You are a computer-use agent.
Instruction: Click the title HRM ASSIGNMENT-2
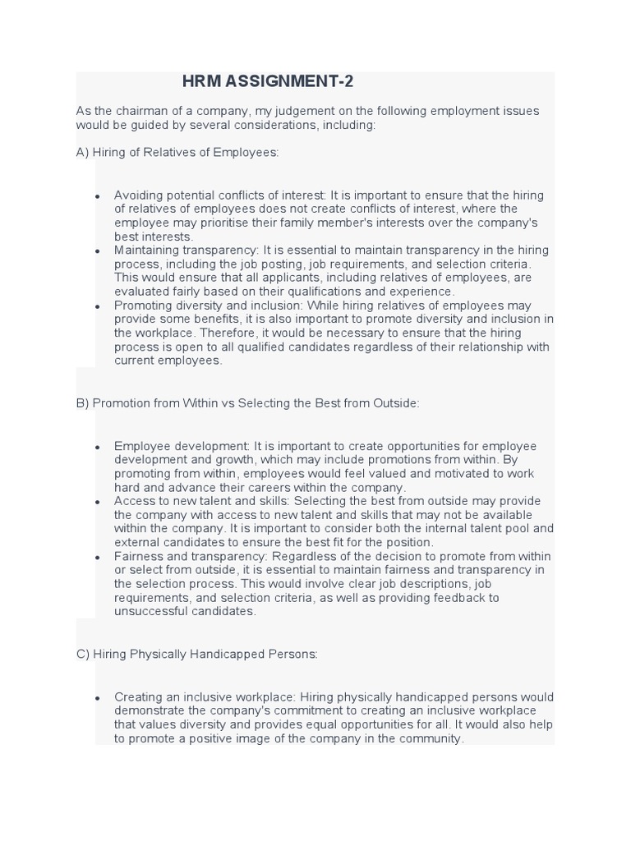click(268, 81)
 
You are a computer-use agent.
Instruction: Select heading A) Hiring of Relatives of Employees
click(177, 153)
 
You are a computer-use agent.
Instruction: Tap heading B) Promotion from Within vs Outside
click(247, 403)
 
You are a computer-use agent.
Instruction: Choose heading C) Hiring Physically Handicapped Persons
click(196, 655)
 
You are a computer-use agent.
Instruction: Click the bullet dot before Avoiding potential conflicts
click(98, 196)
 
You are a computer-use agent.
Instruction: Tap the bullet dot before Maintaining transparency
click(98, 251)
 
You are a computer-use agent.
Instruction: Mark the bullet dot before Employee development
click(98, 447)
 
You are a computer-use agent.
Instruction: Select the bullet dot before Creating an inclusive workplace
click(98, 698)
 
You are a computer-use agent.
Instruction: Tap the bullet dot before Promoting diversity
click(98, 306)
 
